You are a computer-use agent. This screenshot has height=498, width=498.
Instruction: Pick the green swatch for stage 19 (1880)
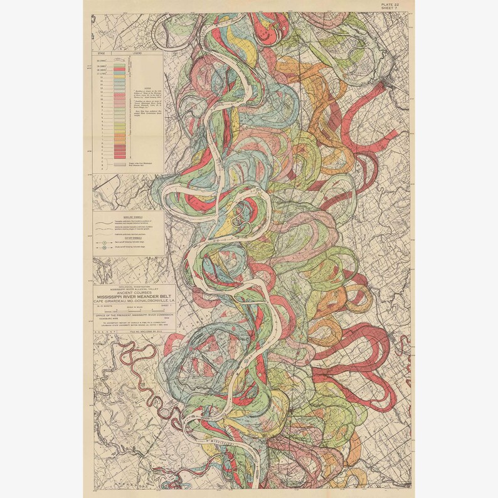coord(119,65)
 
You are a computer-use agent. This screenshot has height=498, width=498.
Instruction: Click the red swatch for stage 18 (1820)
coord(119,68)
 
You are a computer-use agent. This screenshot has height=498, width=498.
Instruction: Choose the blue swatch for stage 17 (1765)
coord(119,72)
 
